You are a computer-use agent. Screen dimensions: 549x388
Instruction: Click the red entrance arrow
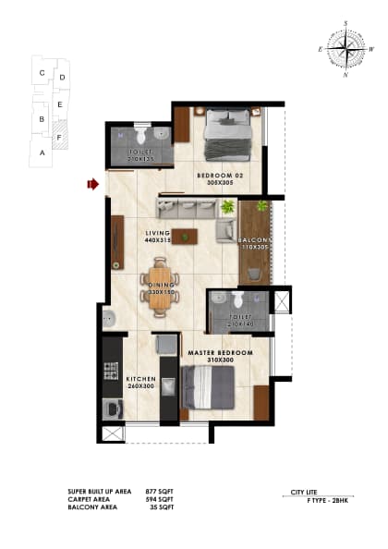coord(92,185)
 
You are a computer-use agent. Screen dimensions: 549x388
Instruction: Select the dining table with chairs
coord(159,287)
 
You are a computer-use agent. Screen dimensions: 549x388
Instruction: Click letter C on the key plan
coord(42,71)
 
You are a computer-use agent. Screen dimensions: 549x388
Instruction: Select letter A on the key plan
coord(42,151)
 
